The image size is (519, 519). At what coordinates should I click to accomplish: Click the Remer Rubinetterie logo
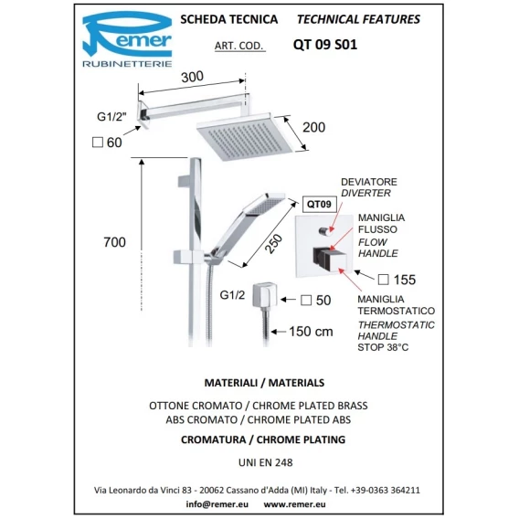pos(127,39)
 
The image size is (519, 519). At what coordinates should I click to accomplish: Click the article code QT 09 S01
pos(325,45)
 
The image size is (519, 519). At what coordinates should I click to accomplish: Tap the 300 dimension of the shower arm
pos(192,77)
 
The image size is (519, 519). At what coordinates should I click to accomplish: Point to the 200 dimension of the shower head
pos(313,127)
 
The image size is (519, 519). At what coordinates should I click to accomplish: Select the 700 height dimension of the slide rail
pos(114,242)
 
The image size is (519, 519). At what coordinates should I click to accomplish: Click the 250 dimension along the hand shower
pos(274,244)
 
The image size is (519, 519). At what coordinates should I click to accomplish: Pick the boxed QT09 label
pos(320,205)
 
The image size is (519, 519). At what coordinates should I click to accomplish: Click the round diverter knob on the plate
pos(324,231)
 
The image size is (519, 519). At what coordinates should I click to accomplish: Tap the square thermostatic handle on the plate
pos(330,259)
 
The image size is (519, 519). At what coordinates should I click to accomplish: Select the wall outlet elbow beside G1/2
pos(264,294)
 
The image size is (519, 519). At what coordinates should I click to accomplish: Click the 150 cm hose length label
pos(311,332)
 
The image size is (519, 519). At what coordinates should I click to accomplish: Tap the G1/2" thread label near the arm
pos(111,117)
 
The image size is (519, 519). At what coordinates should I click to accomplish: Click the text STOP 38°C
pos(383,347)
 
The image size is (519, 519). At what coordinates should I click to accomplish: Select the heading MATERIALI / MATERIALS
pos(264,383)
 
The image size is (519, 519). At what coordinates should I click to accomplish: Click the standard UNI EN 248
pos(266,462)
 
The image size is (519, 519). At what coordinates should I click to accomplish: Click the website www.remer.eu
pos(294,504)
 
